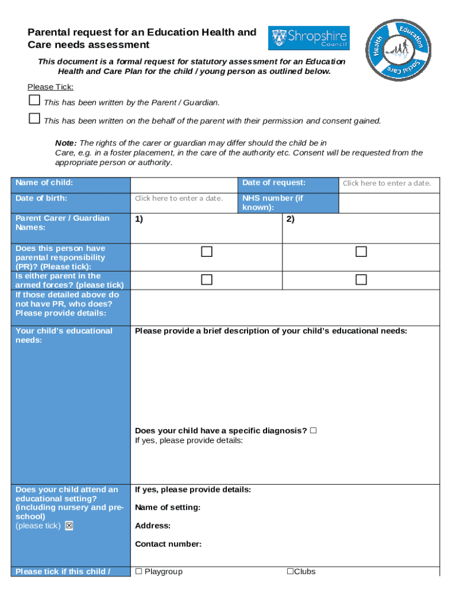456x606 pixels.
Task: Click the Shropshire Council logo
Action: pyautogui.click(x=309, y=38)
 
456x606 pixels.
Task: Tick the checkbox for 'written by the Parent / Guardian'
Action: pyautogui.click(x=34, y=101)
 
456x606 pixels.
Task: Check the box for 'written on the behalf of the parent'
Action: pyautogui.click(x=34, y=119)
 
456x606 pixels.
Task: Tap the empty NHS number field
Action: pyautogui.click(x=388, y=203)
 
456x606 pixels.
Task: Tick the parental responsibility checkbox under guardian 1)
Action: pyautogui.click(x=206, y=252)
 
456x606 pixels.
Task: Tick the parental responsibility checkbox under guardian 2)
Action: pyautogui.click(x=361, y=252)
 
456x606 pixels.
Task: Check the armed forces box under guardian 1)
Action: pyautogui.click(x=206, y=279)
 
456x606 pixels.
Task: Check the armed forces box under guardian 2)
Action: pyautogui.click(x=361, y=279)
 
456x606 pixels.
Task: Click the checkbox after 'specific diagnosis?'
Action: pyautogui.click(x=313, y=430)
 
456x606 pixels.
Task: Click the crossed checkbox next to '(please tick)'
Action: pyautogui.click(x=69, y=526)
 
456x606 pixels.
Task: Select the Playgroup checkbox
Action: pyautogui.click(x=139, y=571)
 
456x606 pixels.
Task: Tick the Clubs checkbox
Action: pyautogui.click(x=290, y=571)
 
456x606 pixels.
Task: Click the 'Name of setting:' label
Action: pyautogui.click(x=168, y=507)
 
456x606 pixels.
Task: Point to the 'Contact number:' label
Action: pyautogui.click(x=168, y=544)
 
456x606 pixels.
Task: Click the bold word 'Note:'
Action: pyautogui.click(x=66, y=143)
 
